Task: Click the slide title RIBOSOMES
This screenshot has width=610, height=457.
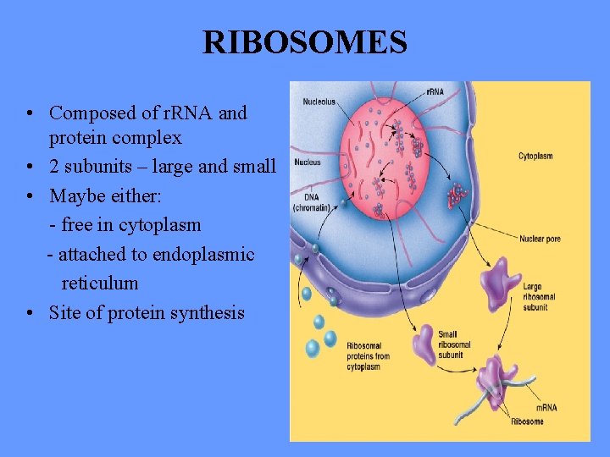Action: coord(305,41)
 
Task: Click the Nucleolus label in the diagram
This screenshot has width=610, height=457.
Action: coord(319,102)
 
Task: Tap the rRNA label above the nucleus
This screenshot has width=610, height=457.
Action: coord(435,91)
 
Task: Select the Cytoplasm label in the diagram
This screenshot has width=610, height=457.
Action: coord(535,157)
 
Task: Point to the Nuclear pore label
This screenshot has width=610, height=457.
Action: coord(540,240)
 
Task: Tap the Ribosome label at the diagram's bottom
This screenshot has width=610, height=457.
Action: coord(527,421)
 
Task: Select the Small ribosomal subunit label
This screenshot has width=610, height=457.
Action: coord(453,345)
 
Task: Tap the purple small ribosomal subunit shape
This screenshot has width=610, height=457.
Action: coord(423,343)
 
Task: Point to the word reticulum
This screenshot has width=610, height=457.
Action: coord(99,284)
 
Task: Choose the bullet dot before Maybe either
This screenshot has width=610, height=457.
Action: coord(30,196)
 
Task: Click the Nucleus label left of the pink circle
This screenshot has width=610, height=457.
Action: coord(308,162)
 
